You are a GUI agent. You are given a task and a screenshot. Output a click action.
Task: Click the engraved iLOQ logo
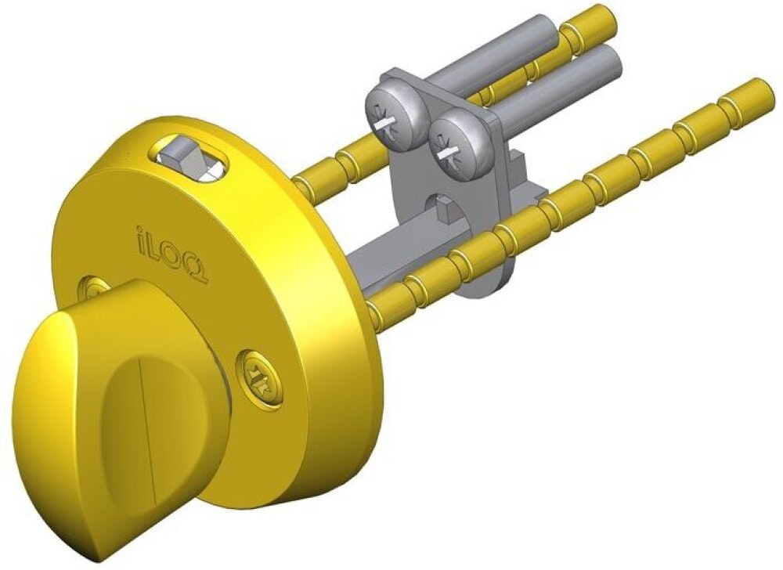[171, 254]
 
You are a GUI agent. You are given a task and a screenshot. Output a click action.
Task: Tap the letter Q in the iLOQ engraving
[198, 269]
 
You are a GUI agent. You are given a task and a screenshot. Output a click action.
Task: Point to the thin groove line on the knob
[148, 420]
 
